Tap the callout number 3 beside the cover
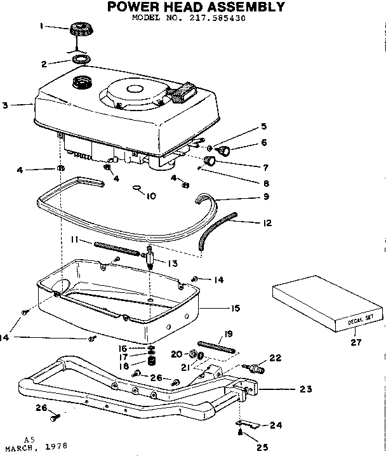tap(5, 105)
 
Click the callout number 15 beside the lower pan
tap(236, 308)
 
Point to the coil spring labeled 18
tap(152, 361)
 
